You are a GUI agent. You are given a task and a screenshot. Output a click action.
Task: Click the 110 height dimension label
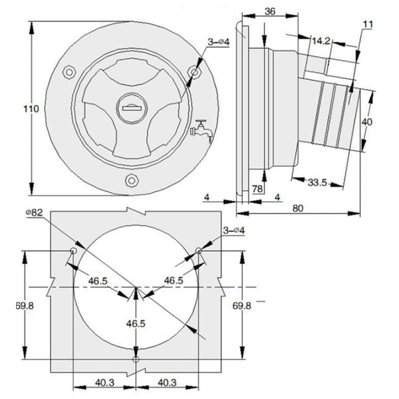pos(15,108)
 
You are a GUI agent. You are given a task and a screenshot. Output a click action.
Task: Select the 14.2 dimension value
pos(321,41)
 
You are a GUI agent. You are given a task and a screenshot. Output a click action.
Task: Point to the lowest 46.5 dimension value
pos(135,324)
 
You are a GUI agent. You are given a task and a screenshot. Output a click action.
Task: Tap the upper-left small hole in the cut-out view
pos(72,251)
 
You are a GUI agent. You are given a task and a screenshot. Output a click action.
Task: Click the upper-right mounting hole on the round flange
pos(195,70)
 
